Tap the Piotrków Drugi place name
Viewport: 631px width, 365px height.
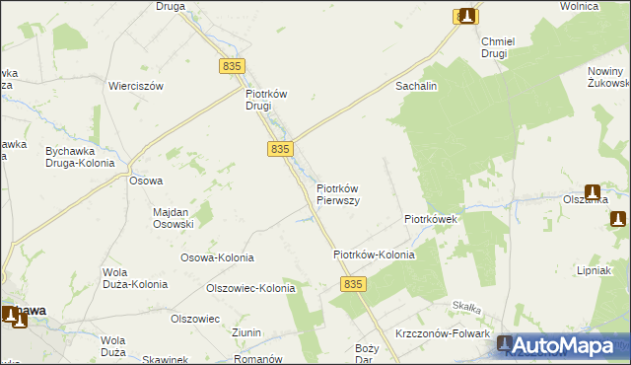[x=265, y=101]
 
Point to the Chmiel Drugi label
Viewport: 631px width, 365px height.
[x=494, y=47]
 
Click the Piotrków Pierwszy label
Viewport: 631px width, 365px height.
[x=337, y=193]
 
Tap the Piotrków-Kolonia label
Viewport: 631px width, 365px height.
[x=374, y=255]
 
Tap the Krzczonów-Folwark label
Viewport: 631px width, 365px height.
[x=442, y=334]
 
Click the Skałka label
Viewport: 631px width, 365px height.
[x=465, y=308]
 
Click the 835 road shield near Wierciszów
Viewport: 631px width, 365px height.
[x=232, y=65]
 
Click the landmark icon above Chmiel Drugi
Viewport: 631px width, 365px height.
[x=466, y=16]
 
